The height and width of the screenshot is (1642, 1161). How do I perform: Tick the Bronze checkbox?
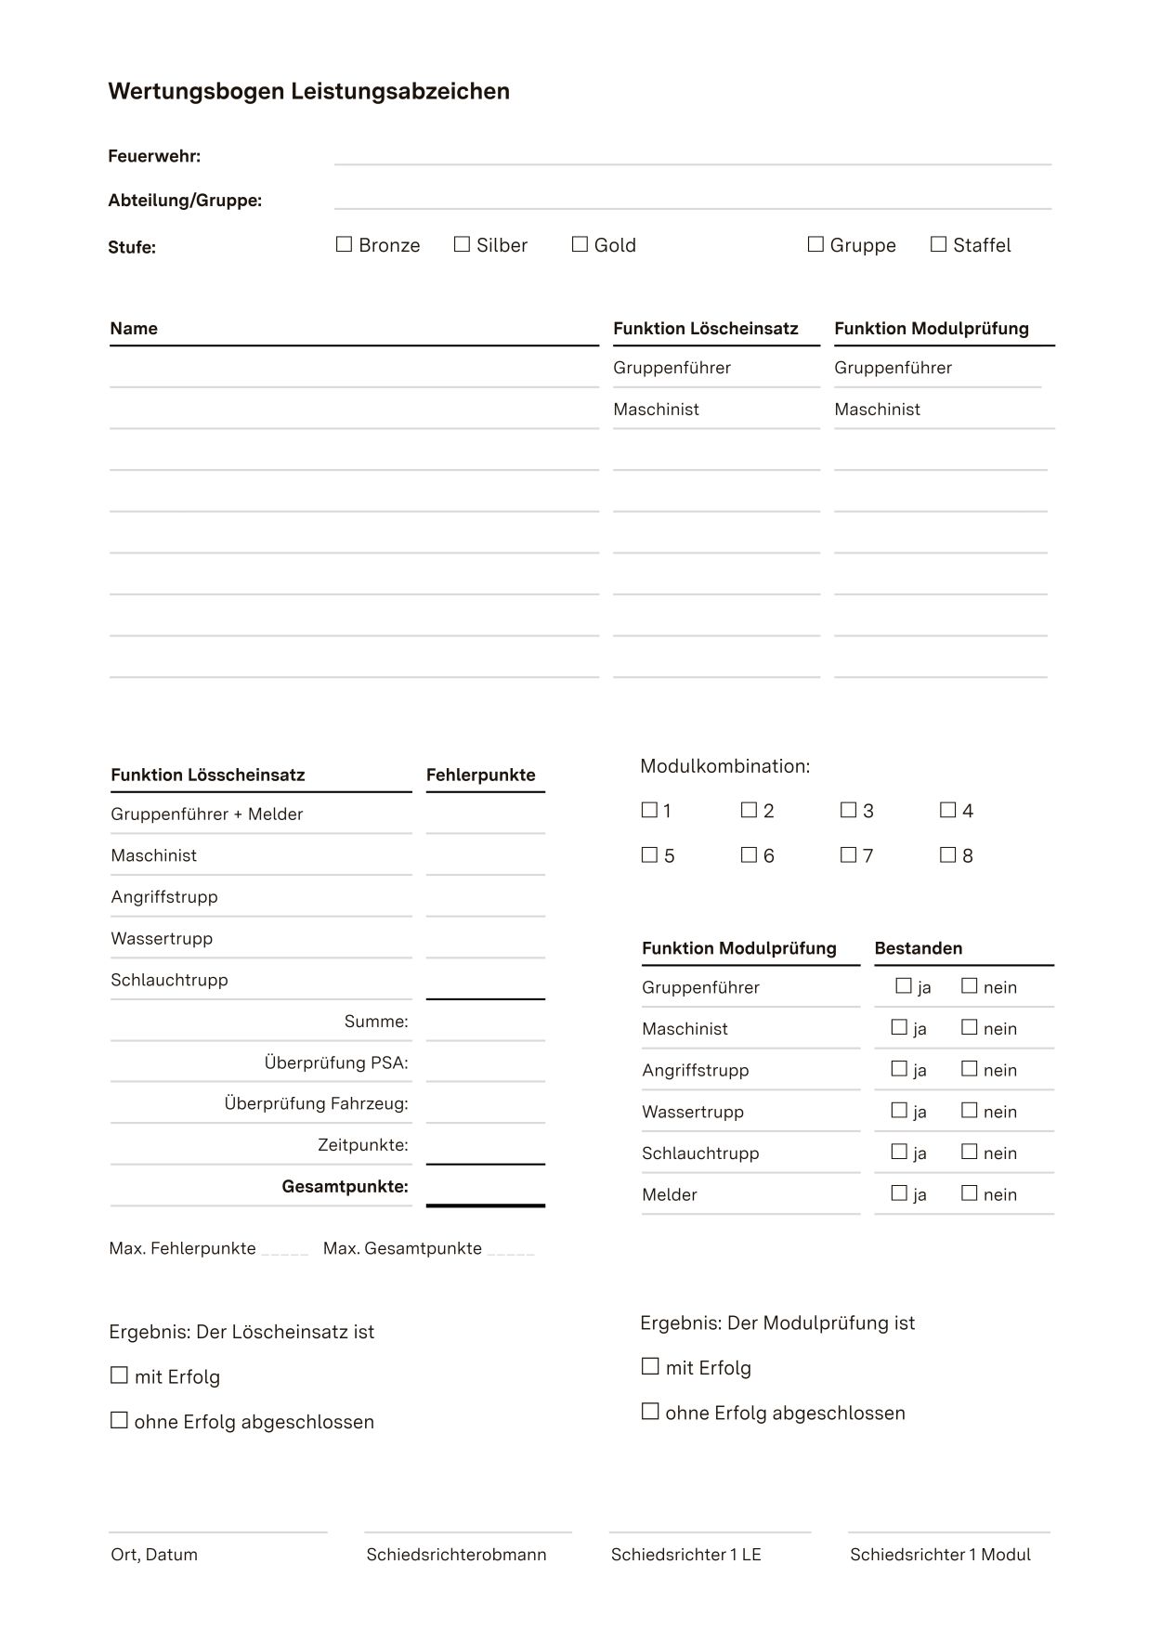[x=344, y=244]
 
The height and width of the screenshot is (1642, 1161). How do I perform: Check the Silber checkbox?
[x=462, y=244]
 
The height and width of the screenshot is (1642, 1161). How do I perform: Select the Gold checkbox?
[x=580, y=244]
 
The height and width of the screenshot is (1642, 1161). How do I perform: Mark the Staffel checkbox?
[x=938, y=244]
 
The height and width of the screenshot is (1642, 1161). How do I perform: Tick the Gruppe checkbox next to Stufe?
[x=815, y=244]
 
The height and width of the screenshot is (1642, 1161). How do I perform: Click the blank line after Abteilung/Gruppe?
[x=692, y=201]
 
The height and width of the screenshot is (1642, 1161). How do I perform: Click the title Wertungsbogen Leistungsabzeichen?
[x=308, y=91]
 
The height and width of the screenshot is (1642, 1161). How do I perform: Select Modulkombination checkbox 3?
[x=848, y=810]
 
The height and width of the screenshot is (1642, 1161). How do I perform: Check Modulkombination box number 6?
[x=749, y=854]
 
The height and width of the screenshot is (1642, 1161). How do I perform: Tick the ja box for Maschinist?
[x=899, y=1027]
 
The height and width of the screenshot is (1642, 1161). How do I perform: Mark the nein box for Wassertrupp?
[x=969, y=1110]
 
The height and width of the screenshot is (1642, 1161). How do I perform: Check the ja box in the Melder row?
[x=899, y=1192]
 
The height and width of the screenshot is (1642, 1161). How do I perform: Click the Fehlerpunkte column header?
[x=480, y=775]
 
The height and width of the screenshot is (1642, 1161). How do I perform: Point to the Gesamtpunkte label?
[x=345, y=1186]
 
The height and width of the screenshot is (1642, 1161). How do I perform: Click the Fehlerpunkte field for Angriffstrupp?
[x=485, y=898]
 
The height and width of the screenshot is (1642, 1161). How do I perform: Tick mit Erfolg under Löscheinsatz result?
[x=119, y=1375]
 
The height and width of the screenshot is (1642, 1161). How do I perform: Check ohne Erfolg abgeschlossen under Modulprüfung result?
[x=650, y=1412]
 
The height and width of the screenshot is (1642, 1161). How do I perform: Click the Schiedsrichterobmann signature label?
[x=456, y=1555]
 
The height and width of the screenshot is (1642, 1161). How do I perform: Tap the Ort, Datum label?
[x=154, y=1555]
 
